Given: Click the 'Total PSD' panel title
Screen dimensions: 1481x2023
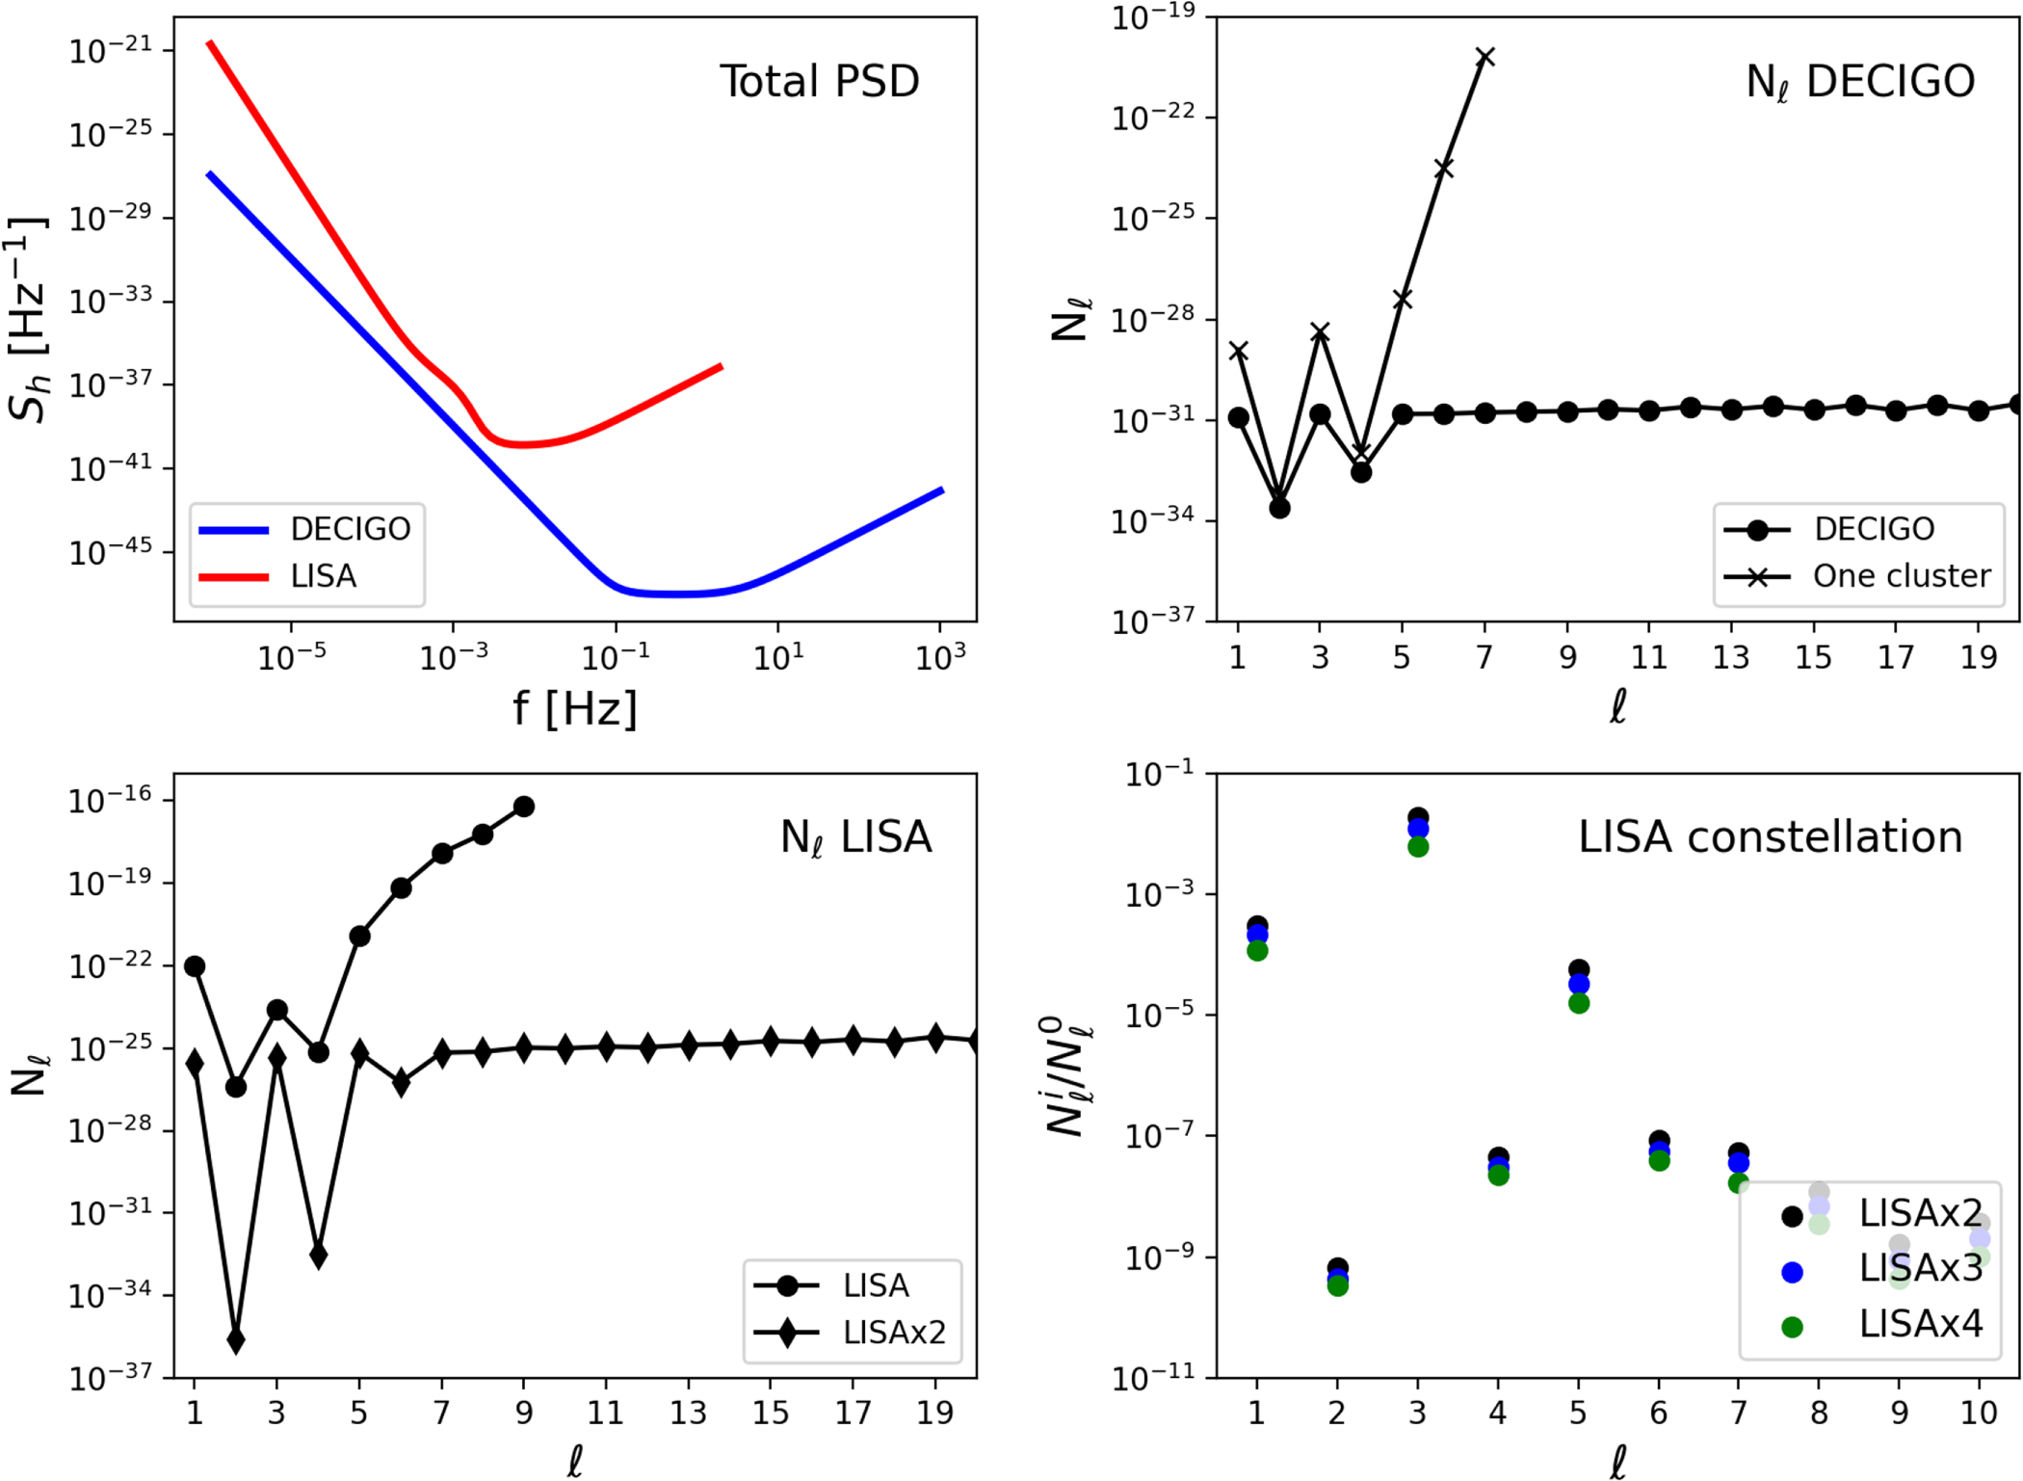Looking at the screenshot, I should click(x=819, y=81).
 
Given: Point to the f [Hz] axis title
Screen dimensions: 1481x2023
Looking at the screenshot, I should click(x=575, y=708).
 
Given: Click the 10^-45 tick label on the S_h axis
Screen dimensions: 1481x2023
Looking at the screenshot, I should click(x=111, y=552).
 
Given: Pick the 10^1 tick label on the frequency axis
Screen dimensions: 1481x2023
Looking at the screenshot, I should click(x=778, y=658).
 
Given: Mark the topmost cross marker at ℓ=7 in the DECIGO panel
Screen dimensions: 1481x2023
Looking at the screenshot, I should click(x=1485, y=58).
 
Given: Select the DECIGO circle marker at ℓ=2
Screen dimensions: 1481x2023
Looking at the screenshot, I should click(x=1279, y=508).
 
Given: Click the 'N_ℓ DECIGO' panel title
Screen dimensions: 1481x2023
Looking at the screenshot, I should click(x=1860, y=83).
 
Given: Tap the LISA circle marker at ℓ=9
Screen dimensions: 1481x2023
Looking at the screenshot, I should click(x=524, y=807).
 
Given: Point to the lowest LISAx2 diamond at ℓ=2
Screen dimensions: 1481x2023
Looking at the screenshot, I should click(x=236, y=1339).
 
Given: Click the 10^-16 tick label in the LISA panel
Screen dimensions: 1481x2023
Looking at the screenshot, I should click(x=111, y=800).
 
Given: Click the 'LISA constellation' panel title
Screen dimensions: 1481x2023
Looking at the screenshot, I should click(x=1770, y=836).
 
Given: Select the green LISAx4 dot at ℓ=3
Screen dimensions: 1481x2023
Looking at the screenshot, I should click(x=1418, y=847).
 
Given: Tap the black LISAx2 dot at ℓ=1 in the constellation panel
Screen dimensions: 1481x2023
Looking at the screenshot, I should click(x=1257, y=925).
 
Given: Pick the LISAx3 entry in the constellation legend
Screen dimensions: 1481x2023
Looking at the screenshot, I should click(x=1920, y=1269).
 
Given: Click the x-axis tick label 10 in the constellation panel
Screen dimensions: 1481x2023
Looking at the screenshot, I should click(x=1979, y=1414).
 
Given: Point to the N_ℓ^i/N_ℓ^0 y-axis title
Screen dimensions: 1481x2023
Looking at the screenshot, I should click(x=1067, y=1074).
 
